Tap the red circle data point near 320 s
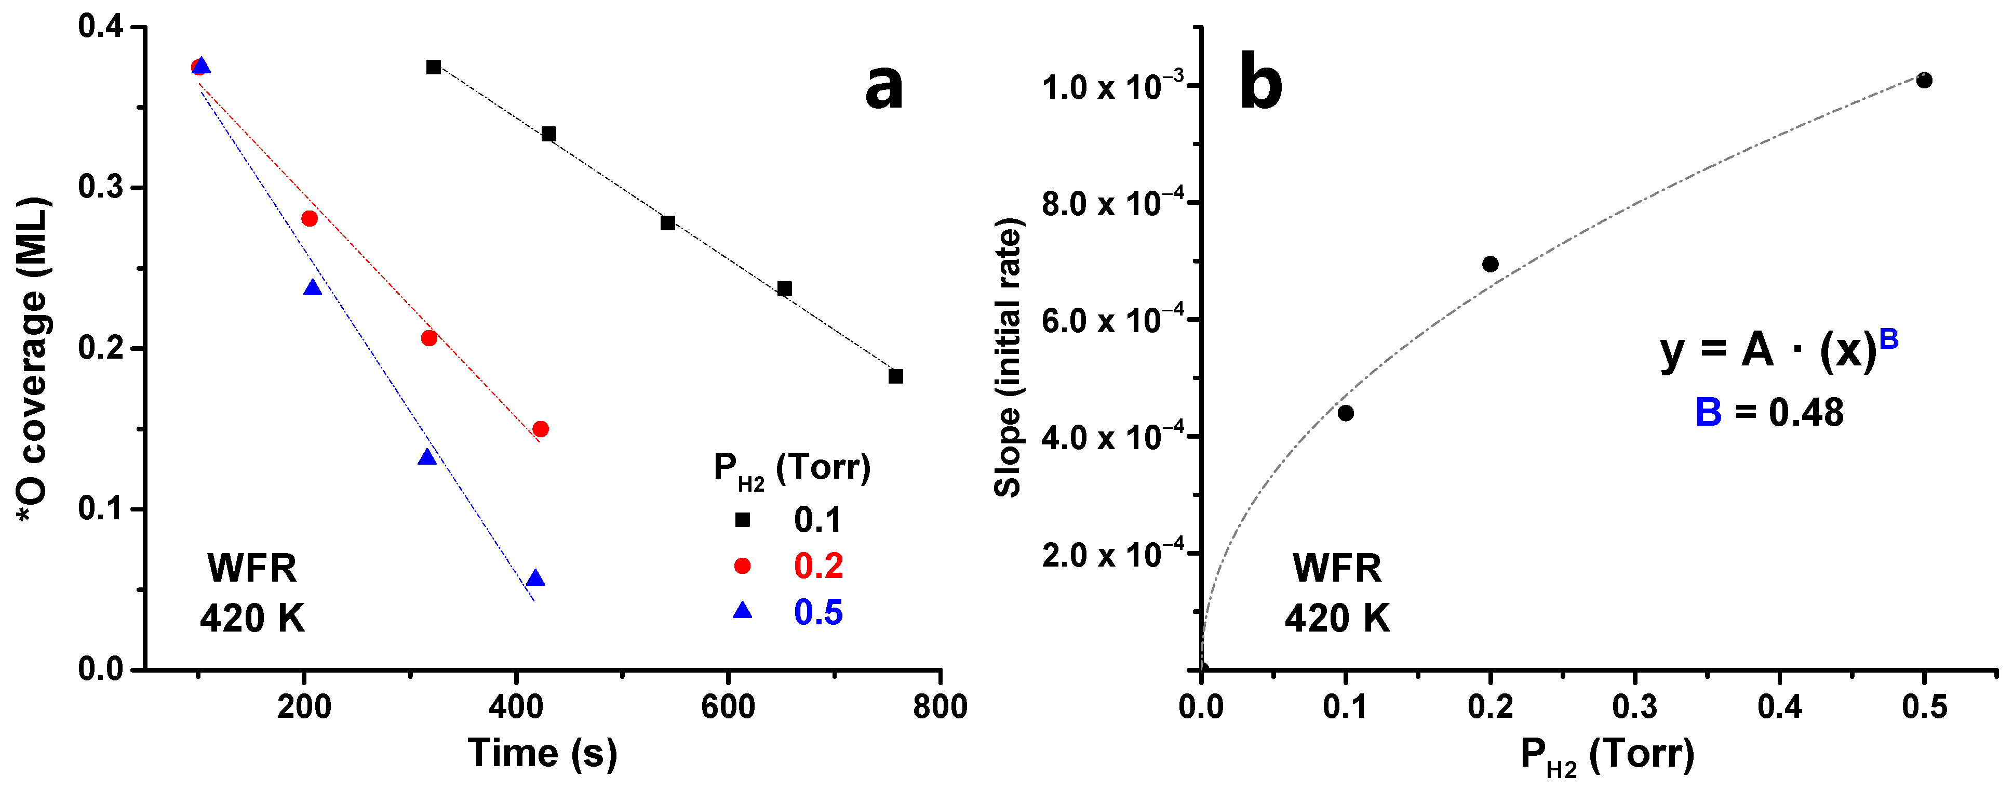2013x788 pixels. (429, 338)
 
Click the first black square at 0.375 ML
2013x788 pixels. (434, 67)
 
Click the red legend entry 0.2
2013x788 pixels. (817, 566)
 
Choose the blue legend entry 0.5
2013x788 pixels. (817, 612)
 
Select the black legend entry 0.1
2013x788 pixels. (817, 520)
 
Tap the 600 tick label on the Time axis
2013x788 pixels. (728, 707)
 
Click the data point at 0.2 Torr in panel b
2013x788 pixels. (1490, 264)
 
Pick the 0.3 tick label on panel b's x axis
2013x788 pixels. (1635, 707)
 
